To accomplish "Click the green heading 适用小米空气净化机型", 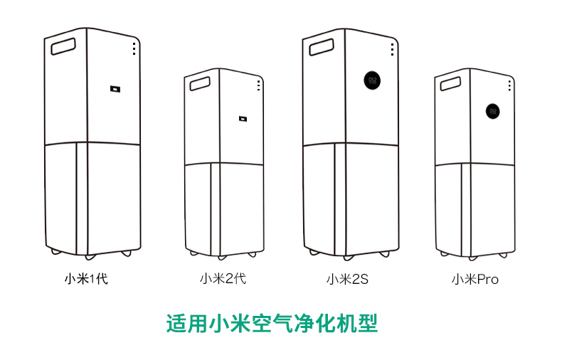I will (271, 324).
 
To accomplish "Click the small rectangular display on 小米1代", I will (115, 89).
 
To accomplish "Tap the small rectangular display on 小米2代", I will (243, 120).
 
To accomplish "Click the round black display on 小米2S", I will (371, 78).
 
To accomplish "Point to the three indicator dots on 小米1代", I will (133, 48).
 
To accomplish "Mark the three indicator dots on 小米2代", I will (258, 85).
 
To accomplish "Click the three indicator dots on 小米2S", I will (392, 49).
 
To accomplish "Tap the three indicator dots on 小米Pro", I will (509, 85).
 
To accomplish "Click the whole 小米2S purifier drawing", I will (349, 142).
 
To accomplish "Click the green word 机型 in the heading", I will (357, 324).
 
